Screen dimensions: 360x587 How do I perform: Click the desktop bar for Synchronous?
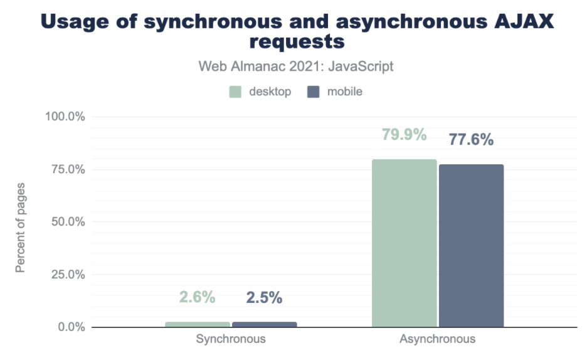[x=198, y=324]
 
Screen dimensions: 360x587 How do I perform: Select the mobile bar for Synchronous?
[x=264, y=324]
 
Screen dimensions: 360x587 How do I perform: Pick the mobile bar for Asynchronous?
[x=471, y=246]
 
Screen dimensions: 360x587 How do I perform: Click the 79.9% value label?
[x=404, y=135]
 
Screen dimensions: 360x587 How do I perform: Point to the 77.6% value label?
[x=471, y=140]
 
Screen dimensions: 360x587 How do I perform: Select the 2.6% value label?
[x=198, y=297]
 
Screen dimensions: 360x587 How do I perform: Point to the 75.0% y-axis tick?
[x=67, y=169]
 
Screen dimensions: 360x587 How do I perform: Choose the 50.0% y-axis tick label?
[x=67, y=222]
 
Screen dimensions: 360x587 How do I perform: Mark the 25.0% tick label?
[x=67, y=274]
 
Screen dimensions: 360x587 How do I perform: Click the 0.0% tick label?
[x=70, y=327]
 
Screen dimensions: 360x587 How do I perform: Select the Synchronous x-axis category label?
[x=231, y=339]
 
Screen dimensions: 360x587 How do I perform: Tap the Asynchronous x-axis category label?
[x=437, y=339]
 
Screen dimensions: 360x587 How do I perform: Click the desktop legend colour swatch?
[x=235, y=92]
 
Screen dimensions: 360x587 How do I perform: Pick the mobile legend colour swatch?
[x=314, y=92]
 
